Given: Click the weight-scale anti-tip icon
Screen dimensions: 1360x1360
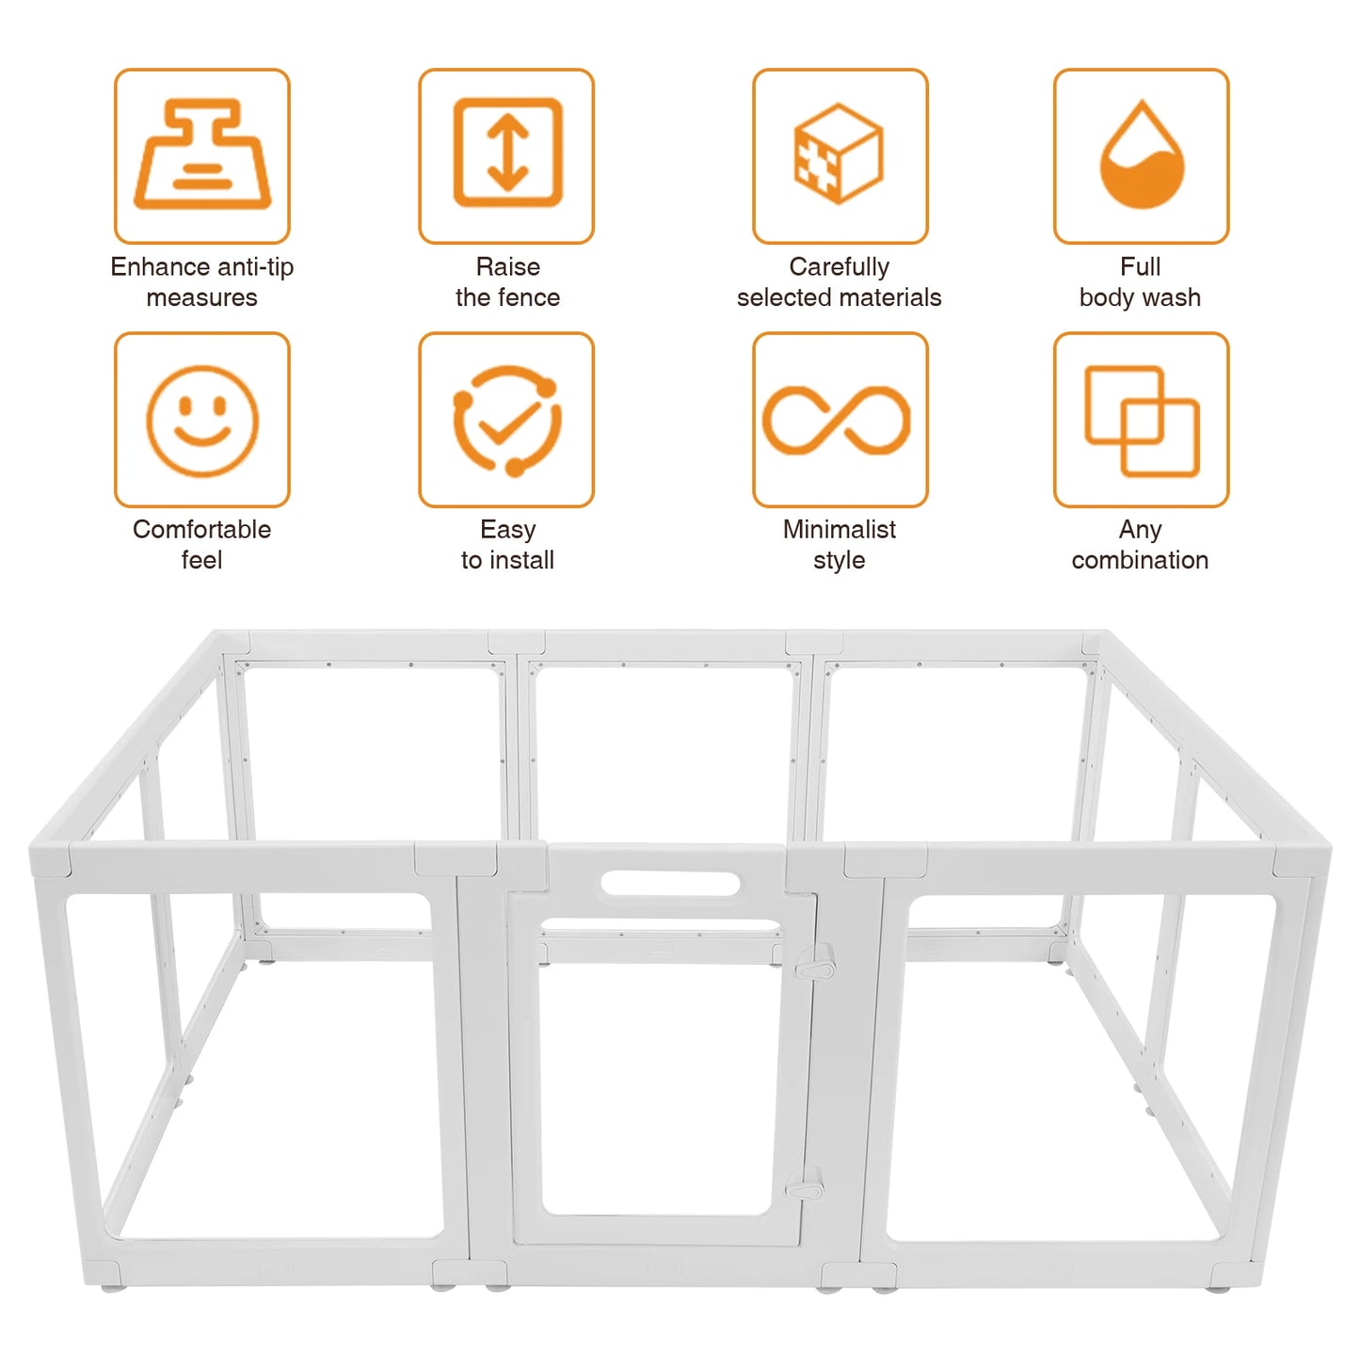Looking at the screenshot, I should [201, 155].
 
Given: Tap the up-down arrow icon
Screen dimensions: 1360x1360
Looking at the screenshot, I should [506, 152].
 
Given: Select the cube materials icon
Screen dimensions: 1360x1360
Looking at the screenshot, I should [839, 153].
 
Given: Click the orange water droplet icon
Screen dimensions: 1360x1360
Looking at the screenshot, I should [1141, 155].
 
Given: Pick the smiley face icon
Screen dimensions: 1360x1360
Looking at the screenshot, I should [201, 420].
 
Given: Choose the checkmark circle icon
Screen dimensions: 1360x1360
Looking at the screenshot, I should [506, 420].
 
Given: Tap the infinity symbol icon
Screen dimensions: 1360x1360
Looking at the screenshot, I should [837, 420].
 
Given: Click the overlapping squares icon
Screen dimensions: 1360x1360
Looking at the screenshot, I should [1141, 420].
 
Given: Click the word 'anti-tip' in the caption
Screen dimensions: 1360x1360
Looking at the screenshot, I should [253, 267].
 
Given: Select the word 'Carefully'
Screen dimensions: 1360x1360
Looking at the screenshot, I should [839, 267].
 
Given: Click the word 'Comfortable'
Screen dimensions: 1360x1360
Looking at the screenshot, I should [201, 530].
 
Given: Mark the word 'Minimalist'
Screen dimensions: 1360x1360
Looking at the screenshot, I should [839, 530].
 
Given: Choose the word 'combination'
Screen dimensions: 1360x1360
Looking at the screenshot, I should [1140, 560].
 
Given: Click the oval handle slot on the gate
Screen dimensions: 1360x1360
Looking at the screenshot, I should [670, 884].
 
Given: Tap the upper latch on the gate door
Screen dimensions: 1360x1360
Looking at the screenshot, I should [815, 965].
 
